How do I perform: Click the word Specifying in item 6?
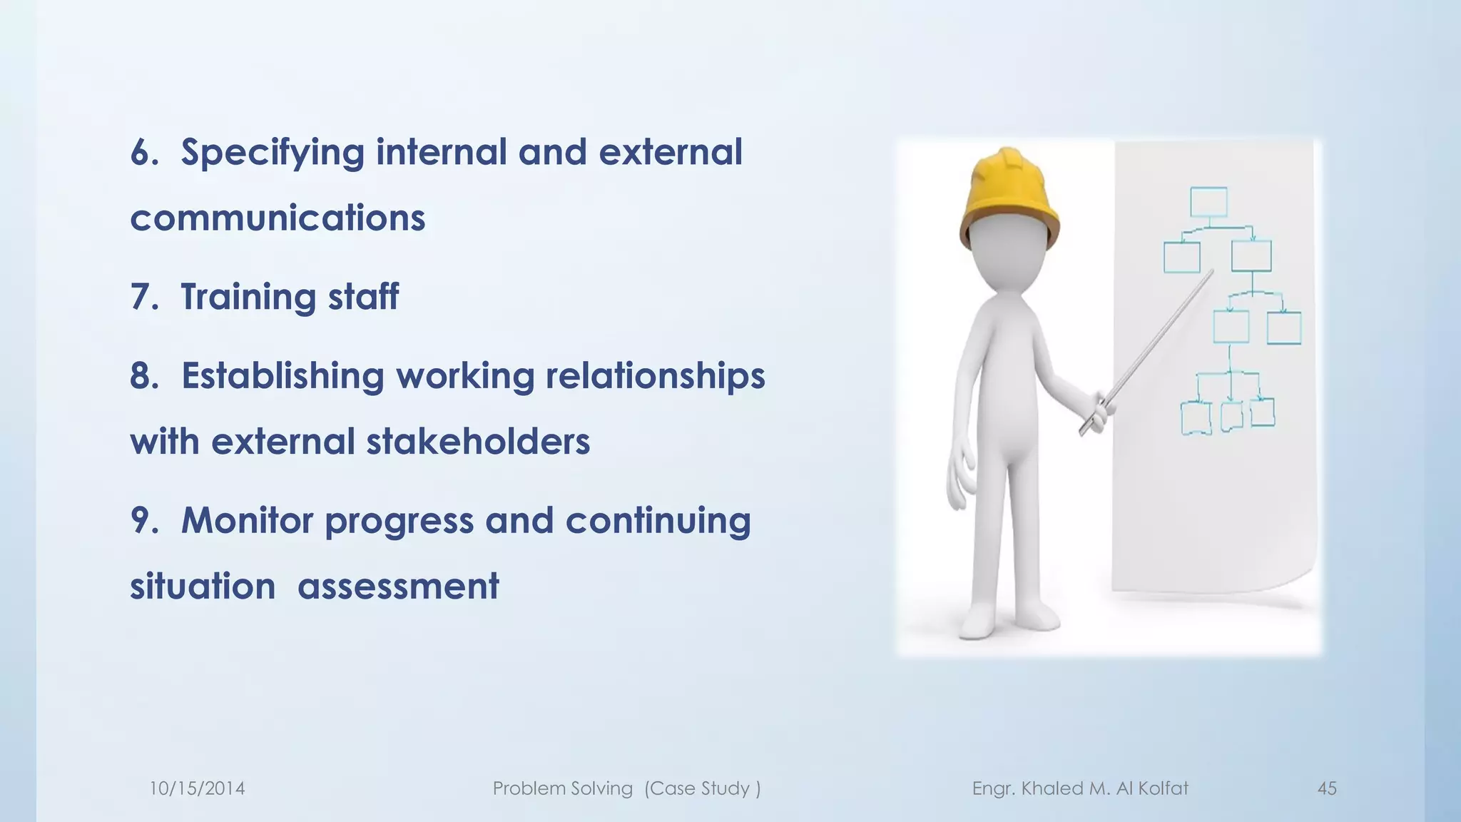pyautogui.click(x=272, y=153)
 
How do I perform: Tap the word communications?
pyautogui.click(x=278, y=218)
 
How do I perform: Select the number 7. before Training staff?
pyautogui.click(x=144, y=297)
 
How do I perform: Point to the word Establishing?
pyautogui.click(x=282, y=377)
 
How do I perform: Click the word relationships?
pyautogui.click(x=655, y=377)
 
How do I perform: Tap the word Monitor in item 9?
pyautogui.click(x=247, y=521)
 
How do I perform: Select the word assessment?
pyautogui.click(x=398, y=587)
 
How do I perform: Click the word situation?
pyautogui.click(x=203, y=587)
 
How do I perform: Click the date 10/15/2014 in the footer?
pyautogui.click(x=197, y=788)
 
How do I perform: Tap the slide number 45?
pyautogui.click(x=1327, y=788)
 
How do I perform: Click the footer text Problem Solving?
pyautogui.click(x=562, y=788)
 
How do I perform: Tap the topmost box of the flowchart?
pyautogui.click(x=1208, y=203)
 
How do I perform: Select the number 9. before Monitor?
pyautogui.click(x=144, y=521)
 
